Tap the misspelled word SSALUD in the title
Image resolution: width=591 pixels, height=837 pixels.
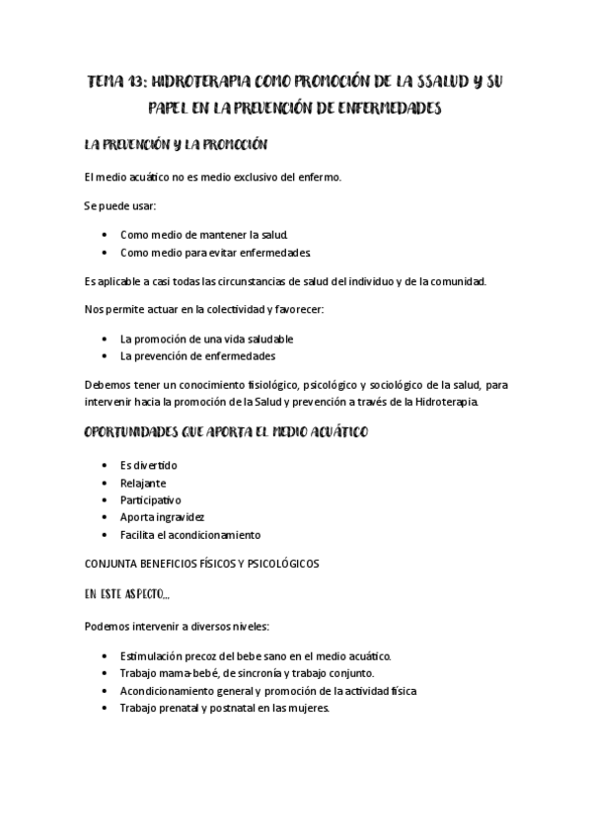[x=430, y=81]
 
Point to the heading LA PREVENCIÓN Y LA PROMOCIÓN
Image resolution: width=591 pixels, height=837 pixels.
[x=177, y=145]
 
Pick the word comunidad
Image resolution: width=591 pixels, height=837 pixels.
[x=452, y=281]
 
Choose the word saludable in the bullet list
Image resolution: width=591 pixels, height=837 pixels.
[x=266, y=339]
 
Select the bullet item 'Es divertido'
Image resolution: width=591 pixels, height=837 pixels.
[x=149, y=465]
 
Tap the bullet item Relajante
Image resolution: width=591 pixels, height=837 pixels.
[x=143, y=483]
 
